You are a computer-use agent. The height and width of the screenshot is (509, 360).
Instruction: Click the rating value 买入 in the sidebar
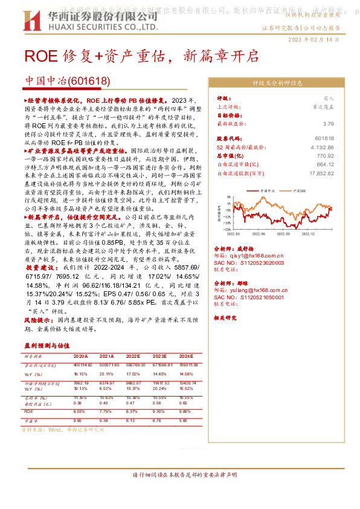328,97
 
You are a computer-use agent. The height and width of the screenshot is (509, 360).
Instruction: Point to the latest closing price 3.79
328,123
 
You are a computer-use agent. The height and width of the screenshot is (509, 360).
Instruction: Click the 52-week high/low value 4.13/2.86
322,147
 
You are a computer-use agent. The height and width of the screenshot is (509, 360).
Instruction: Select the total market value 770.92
324,155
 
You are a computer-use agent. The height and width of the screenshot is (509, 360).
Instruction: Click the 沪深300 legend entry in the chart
297,190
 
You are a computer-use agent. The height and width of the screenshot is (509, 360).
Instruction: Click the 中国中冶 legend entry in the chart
268,190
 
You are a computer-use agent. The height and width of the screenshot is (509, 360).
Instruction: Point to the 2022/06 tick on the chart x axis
258,232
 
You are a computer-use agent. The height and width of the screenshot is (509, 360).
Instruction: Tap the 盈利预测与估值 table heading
48,345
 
